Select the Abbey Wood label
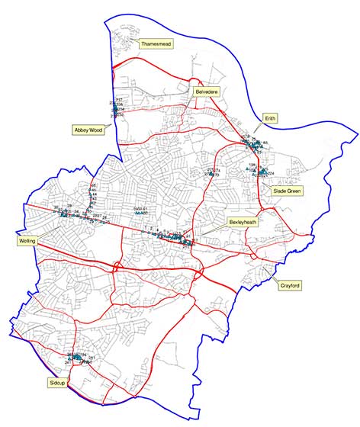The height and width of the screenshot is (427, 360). (x=88, y=130)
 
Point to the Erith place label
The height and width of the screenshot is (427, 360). (x=269, y=119)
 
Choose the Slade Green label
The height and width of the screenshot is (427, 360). (x=288, y=191)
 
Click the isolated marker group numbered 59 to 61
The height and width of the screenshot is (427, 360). (x=140, y=212)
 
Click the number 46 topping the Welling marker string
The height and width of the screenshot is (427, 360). (x=93, y=187)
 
